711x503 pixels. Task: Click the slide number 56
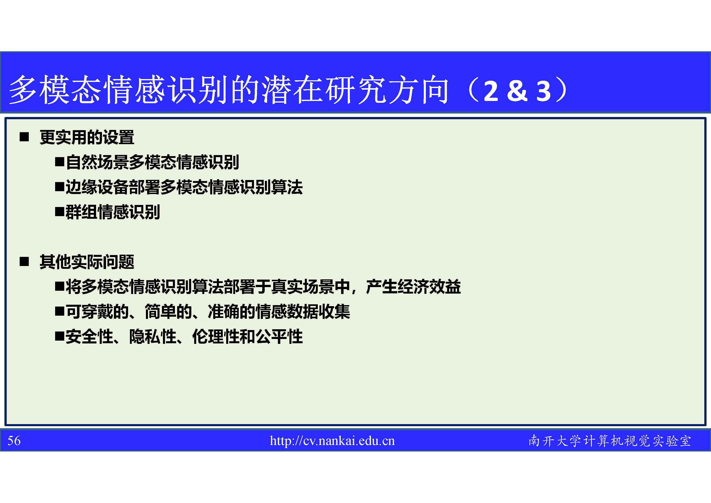tap(14, 441)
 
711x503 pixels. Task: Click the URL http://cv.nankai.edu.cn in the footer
tap(332, 441)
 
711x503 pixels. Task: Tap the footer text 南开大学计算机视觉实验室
tap(610, 441)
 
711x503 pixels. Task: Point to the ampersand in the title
tap(517, 91)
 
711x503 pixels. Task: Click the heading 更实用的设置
tap(87, 137)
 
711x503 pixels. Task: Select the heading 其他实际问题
tap(87, 262)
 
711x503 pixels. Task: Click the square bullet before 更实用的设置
tap(24, 137)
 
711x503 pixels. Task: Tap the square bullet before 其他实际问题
tap(24, 262)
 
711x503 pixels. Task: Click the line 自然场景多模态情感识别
tap(152, 162)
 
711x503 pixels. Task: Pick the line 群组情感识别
tap(113, 212)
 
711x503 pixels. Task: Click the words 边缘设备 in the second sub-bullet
tap(97, 187)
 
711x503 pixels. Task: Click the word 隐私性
tap(153, 337)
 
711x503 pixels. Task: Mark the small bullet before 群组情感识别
tap(59, 212)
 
